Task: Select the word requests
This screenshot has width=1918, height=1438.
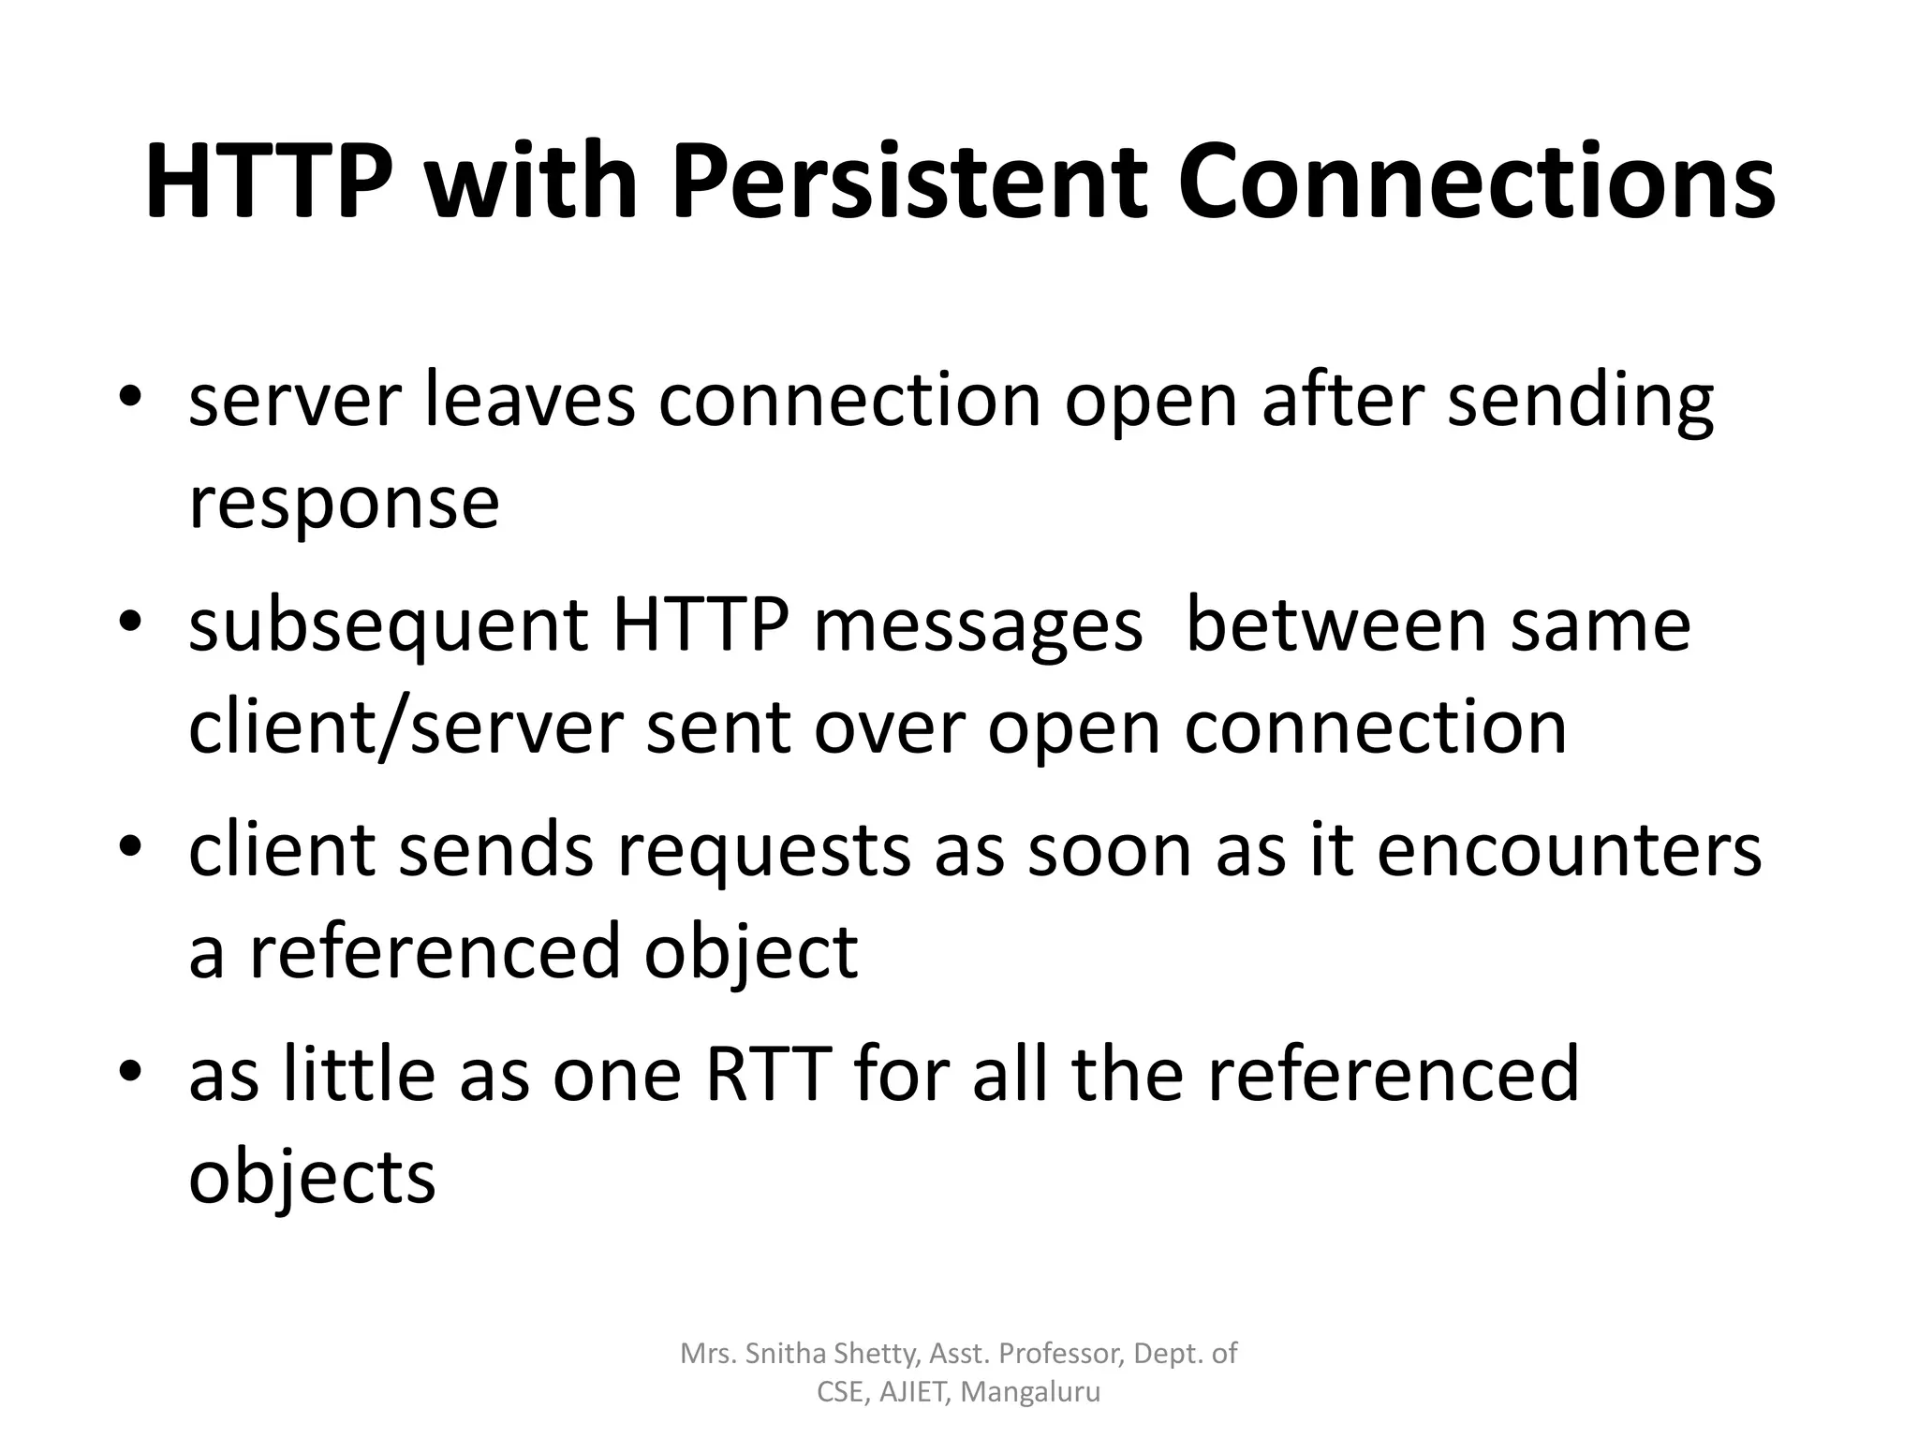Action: tap(763, 852)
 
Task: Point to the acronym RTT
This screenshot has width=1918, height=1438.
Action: tap(768, 1074)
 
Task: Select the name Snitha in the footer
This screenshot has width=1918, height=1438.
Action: tap(787, 1354)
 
